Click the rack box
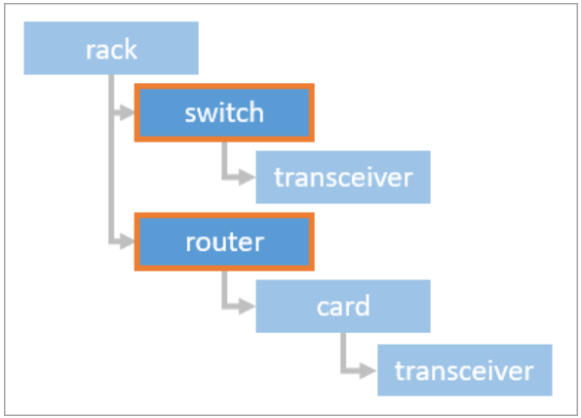pyautogui.click(x=111, y=48)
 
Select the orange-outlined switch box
pyautogui.click(x=224, y=112)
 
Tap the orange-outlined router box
pyautogui.click(x=224, y=240)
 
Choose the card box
pyautogui.click(x=342, y=307)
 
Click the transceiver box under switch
pyautogui.click(x=342, y=177)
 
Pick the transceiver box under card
pyautogui.click(x=465, y=370)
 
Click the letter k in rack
pyautogui.click(x=132, y=48)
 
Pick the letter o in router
pyautogui.click(x=208, y=240)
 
